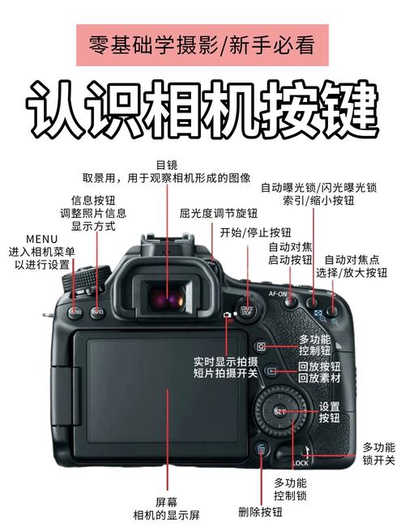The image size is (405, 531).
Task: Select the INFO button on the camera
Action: (97, 311)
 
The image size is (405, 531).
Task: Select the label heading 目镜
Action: (166, 164)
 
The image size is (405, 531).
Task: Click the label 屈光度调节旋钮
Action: (218, 214)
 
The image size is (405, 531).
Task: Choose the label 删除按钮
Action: (260, 512)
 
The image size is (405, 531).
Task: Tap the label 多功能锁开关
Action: (378, 453)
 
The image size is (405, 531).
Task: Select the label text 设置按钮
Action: (329, 412)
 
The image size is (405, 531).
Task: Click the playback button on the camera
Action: (271, 372)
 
